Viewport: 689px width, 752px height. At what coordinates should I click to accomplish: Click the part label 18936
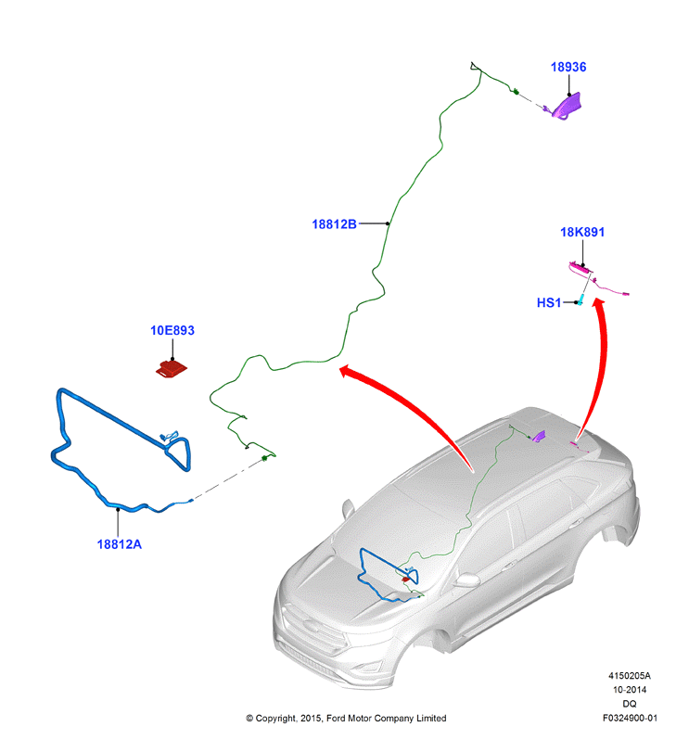coord(568,67)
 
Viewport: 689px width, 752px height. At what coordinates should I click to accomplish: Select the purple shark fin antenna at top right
coord(567,107)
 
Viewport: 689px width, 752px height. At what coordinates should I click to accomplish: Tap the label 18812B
coord(334,224)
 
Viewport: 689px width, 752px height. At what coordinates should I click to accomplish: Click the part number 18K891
coord(582,232)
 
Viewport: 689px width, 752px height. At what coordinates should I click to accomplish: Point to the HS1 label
coord(549,302)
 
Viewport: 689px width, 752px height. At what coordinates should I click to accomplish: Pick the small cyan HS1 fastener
coord(581,300)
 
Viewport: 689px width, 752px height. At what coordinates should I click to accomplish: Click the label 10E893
coord(172,330)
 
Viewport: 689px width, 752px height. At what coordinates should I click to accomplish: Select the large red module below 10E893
coord(172,368)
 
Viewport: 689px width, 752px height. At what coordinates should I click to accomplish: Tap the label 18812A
coord(120,544)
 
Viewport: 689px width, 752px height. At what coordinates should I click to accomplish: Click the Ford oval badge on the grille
coord(311,626)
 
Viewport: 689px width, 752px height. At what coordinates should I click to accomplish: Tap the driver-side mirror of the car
coord(467,580)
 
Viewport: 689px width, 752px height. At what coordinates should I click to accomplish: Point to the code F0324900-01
coord(630,718)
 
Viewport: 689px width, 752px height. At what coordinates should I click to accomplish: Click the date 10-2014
coord(630,690)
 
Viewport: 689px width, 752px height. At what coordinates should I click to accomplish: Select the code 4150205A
coord(630,676)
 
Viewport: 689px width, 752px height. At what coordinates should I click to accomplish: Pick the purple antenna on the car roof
coord(539,436)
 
